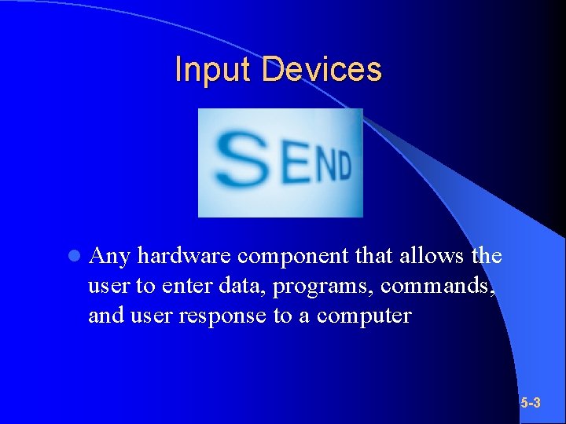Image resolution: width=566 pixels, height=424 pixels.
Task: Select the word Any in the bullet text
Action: (110, 257)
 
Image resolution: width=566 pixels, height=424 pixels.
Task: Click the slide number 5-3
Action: (531, 404)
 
